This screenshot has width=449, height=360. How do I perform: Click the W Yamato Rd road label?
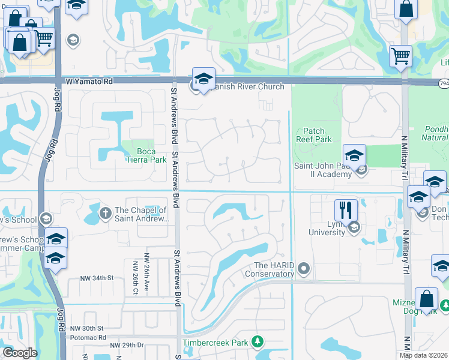pos(89,81)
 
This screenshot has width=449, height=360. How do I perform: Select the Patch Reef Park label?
pos(314,135)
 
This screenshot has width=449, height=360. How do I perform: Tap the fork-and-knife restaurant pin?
pos(346,210)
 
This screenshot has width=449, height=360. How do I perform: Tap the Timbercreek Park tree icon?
pos(258,341)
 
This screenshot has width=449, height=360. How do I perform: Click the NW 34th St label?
pos(97,278)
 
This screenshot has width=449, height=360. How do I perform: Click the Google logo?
pos(20,353)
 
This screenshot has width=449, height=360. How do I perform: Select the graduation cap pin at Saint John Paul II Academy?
pos(354,155)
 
